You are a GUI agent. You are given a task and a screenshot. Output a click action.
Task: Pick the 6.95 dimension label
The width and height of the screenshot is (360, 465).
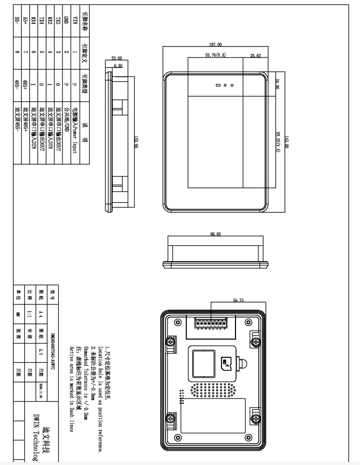pos(118,65)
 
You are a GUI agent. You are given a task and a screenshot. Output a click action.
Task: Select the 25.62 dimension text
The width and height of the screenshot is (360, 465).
pos(255,56)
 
